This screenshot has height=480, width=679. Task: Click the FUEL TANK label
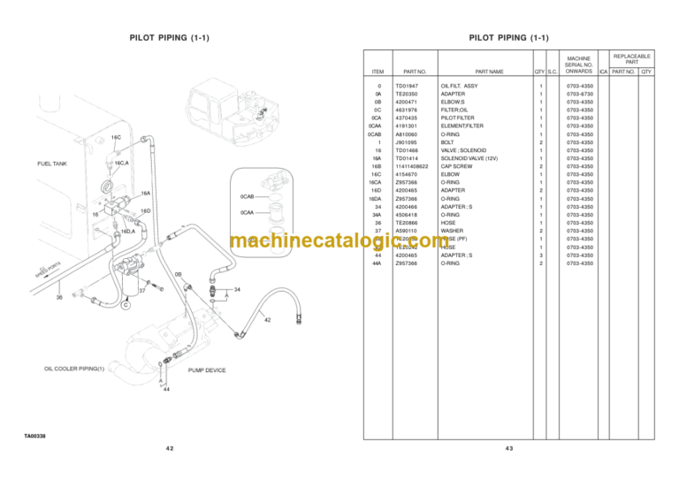coord(51,164)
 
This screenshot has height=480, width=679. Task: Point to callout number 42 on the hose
coord(267,319)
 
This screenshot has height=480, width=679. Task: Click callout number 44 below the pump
coord(165,389)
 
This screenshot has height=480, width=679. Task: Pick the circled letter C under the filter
coord(126,306)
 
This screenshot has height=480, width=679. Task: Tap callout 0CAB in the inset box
coord(248,196)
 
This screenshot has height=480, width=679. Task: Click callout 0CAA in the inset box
coord(248,212)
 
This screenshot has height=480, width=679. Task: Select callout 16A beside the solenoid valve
coord(145,194)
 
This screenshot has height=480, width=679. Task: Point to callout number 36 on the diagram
coord(59,297)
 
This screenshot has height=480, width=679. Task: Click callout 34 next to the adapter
coord(238,289)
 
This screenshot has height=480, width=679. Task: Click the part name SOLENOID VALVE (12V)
coord(473,158)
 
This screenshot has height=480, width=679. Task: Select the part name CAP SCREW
coord(458,166)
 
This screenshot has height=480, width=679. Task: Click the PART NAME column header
coord(488,71)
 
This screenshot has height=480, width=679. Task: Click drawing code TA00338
coord(35,436)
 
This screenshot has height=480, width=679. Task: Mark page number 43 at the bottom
coord(508,449)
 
